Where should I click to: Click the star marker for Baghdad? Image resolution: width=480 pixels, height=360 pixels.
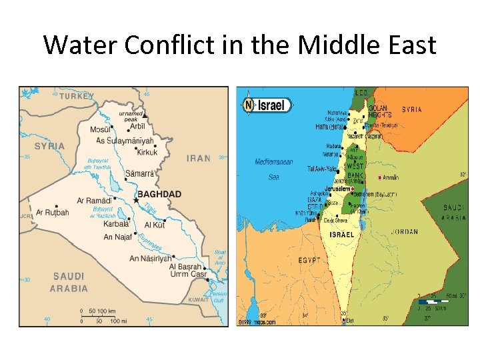click(136, 199)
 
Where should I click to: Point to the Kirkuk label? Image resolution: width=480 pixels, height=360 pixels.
click(147, 153)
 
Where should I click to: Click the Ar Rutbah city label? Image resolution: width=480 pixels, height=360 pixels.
click(52, 213)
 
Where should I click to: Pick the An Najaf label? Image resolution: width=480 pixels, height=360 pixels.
click(118, 237)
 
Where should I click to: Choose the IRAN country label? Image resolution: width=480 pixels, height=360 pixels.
click(198, 159)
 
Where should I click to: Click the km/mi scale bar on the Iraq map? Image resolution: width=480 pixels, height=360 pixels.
click(107, 315)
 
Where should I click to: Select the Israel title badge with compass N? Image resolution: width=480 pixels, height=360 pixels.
click(267, 105)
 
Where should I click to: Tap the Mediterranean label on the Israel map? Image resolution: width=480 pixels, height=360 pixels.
click(273, 162)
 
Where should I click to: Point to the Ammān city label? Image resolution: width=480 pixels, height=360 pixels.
click(390, 178)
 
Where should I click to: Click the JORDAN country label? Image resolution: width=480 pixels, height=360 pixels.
click(403, 232)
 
